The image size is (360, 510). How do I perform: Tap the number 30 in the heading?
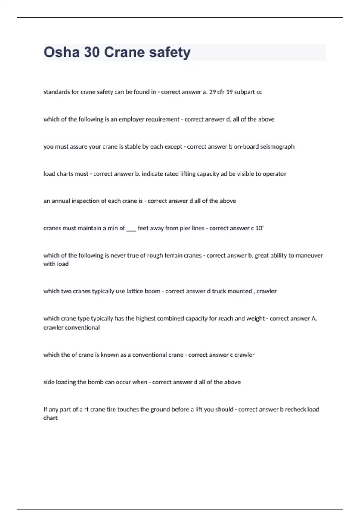pyautogui.click(x=92, y=52)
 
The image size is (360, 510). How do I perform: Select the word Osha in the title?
pyautogui.click(x=61, y=52)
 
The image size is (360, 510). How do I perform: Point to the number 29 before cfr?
pyautogui.click(x=212, y=92)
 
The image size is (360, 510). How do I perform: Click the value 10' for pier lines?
pyautogui.click(x=259, y=228)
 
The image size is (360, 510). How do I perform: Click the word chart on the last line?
pyautogui.click(x=50, y=418)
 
